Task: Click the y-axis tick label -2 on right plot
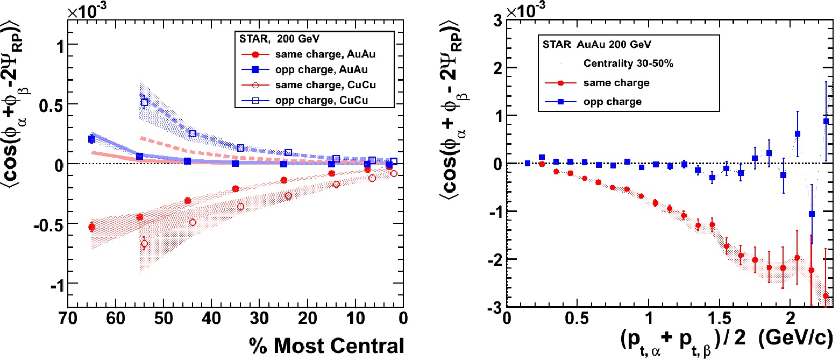pyautogui.click(x=490, y=259)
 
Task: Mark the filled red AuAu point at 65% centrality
pyautogui.click(x=91, y=227)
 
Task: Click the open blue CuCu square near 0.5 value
pyautogui.click(x=144, y=102)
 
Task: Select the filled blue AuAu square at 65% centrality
pyautogui.click(x=91, y=139)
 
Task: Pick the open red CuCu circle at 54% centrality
pyautogui.click(x=144, y=244)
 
